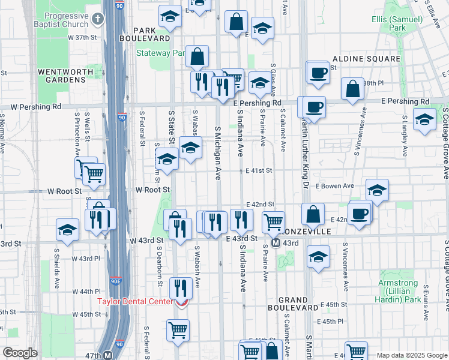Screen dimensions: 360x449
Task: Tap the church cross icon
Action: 98,20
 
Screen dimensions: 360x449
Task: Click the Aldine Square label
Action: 366,59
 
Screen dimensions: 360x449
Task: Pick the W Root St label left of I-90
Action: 64,191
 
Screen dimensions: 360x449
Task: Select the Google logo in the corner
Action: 20,353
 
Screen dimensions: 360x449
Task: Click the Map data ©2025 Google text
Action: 411,355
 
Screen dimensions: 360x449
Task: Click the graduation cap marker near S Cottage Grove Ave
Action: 424,119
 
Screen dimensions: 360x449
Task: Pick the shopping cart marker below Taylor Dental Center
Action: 178,330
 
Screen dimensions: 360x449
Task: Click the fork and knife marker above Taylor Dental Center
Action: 180,287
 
